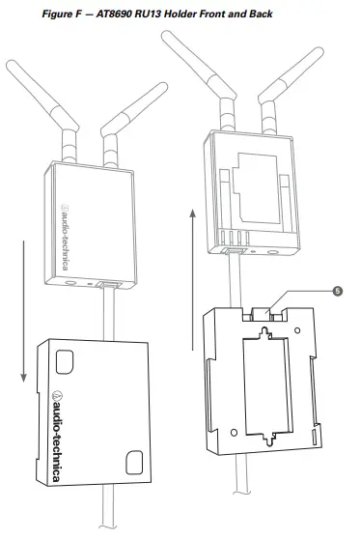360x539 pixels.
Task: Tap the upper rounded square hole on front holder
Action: point(65,361)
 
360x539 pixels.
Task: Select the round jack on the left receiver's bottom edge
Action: point(72,284)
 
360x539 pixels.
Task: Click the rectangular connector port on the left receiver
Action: point(108,286)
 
